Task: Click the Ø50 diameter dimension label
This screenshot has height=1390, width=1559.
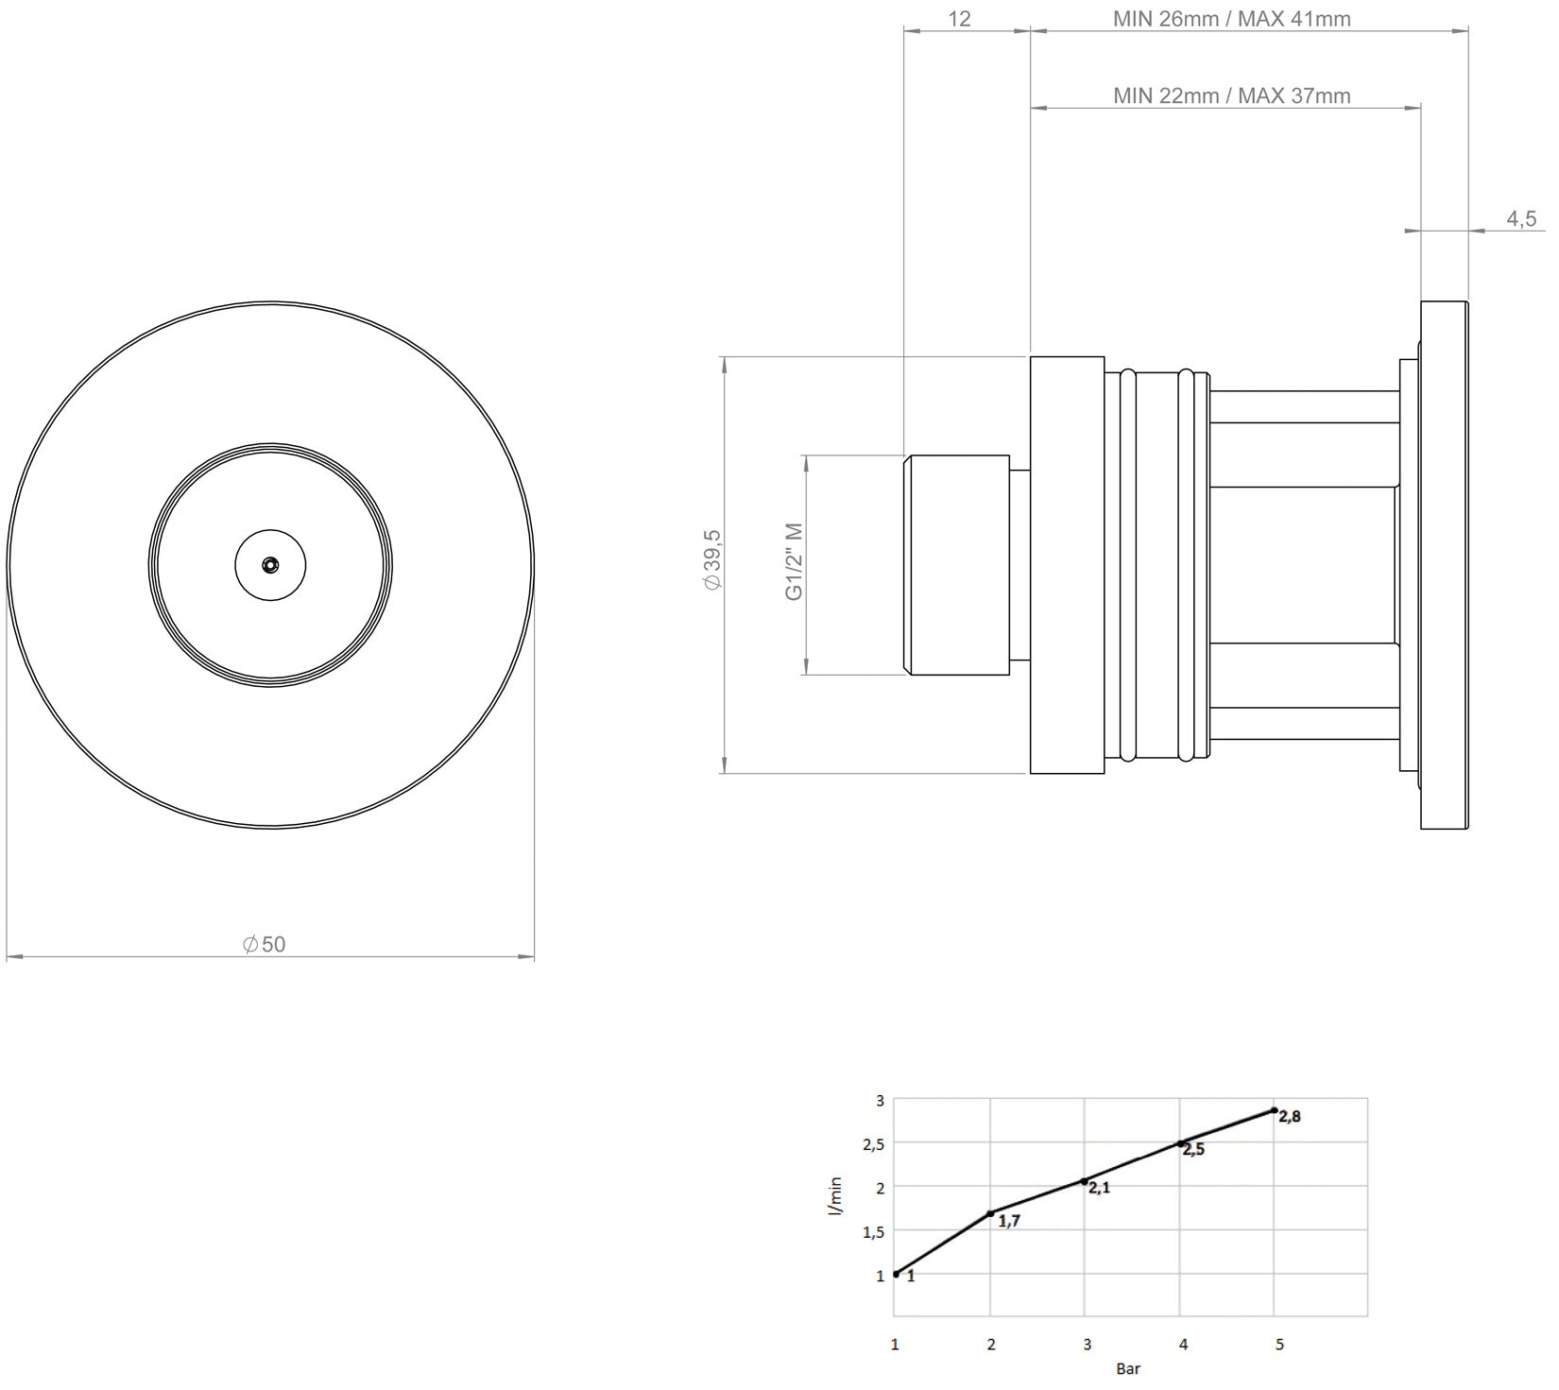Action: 265,944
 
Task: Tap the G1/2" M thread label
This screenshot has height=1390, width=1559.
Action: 794,561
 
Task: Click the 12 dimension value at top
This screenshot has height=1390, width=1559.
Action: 959,19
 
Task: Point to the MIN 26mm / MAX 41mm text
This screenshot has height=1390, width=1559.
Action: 1231,19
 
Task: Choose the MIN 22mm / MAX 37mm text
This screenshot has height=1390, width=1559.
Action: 1231,95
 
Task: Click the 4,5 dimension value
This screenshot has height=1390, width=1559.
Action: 1521,219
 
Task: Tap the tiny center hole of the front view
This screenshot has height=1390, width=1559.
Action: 271,565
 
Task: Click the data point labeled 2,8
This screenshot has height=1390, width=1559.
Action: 1275,1110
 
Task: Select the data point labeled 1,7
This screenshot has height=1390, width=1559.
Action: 990,1213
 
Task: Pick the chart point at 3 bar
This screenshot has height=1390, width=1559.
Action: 1085,1181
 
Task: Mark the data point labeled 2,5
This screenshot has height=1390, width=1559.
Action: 1180,1143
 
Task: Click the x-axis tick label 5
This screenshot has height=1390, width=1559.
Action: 1279,1345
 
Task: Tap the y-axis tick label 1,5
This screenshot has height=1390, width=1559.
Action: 873,1231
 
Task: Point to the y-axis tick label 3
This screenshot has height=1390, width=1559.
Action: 880,1101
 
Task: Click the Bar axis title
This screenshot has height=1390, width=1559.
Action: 1128,1369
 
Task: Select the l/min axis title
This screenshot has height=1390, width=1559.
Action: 835,1201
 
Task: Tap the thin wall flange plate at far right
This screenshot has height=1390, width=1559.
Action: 1445,565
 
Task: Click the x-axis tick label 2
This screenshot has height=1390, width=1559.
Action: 990,1345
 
